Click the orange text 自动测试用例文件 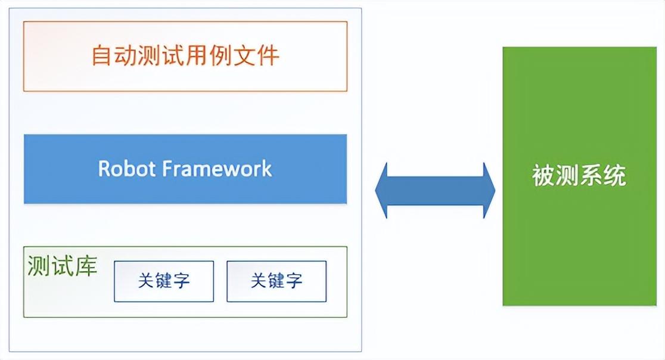pyautogui.click(x=185, y=56)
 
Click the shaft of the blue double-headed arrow pyautogui.click(x=435, y=190)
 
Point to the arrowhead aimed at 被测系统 pyautogui.click(x=487, y=190)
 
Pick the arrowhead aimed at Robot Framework pyautogui.click(x=383, y=190)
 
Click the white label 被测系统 pyautogui.click(x=579, y=177)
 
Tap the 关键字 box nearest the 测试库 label pyautogui.click(x=164, y=281)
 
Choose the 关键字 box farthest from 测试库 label pyautogui.click(x=276, y=281)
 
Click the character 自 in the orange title pyautogui.click(x=103, y=56)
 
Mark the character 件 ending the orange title pyautogui.click(x=268, y=56)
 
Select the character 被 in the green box pyautogui.click(x=543, y=177)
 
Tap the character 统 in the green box pyautogui.click(x=614, y=177)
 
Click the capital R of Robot pyautogui.click(x=104, y=169)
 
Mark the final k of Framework pyautogui.click(x=267, y=169)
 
